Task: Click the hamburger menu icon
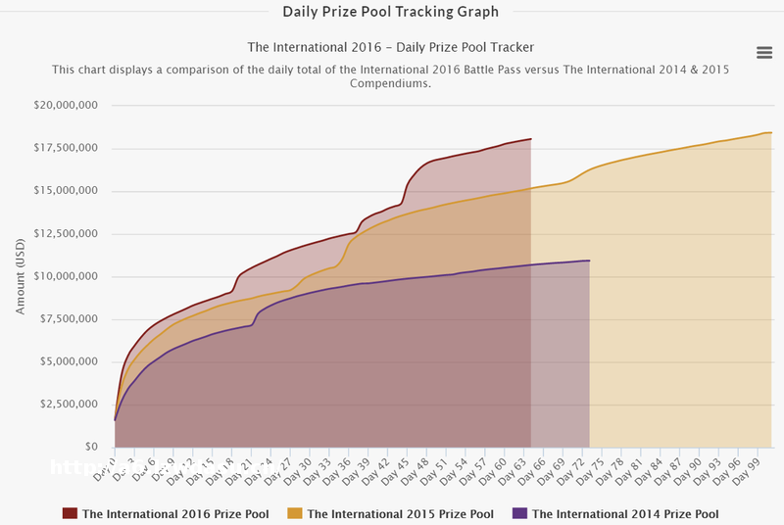click(764, 52)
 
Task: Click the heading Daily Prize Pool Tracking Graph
click(391, 12)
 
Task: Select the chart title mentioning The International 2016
click(391, 47)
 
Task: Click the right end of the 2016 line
click(530, 139)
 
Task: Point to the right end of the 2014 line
click(589, 261)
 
